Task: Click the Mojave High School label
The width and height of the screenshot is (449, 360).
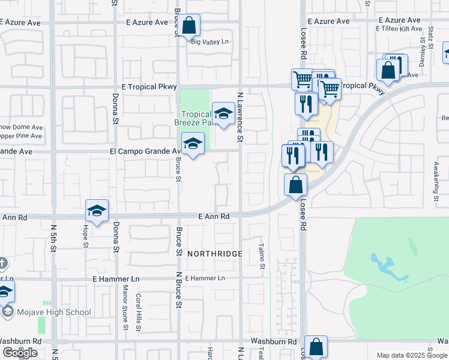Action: [54, 312]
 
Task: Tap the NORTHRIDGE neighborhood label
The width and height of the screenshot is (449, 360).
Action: [214, 254]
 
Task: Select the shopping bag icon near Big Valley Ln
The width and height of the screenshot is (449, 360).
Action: [188, 26]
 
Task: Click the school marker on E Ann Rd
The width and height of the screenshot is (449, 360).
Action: [97, 211]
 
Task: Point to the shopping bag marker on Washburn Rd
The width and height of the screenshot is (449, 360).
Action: [316, 347]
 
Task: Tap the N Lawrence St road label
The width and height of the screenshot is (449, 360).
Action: [240, 117]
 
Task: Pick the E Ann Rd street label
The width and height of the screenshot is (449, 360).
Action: [215, 216]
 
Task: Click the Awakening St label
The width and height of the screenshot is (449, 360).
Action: [434, 183]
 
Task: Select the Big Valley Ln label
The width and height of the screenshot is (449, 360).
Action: [210, 41]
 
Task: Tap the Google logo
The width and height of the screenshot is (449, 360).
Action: [20, 353]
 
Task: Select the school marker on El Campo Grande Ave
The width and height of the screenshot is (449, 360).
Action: [193, 144]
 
